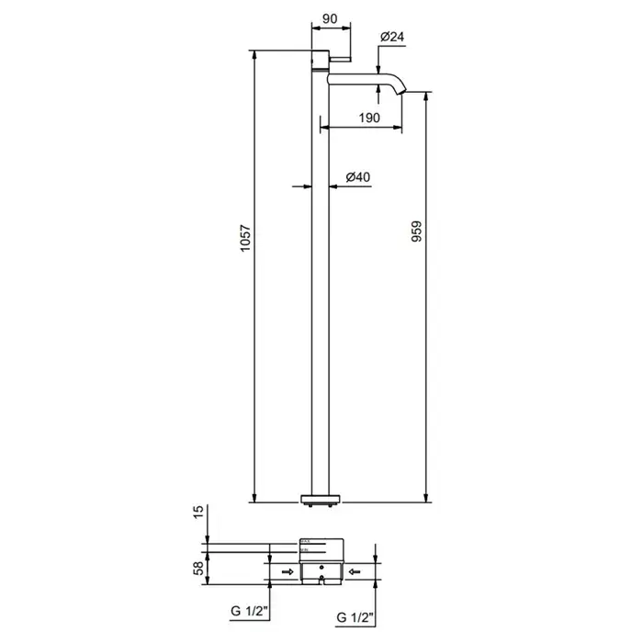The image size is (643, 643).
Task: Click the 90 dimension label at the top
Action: click(330, 19)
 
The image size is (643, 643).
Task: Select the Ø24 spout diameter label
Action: click(392, 37)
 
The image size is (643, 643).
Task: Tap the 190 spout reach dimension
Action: click(369, 118)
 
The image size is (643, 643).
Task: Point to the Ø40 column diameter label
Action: click(358, 177)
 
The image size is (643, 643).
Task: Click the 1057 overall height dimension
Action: click(245, 238)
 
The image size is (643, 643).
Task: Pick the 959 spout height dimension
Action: click(417, 231)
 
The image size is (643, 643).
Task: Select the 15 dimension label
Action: click(198, 513)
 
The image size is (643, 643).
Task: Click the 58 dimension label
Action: click(198, 569)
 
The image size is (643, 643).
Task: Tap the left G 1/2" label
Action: click(249, 611)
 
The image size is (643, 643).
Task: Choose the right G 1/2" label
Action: click(355, 617)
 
